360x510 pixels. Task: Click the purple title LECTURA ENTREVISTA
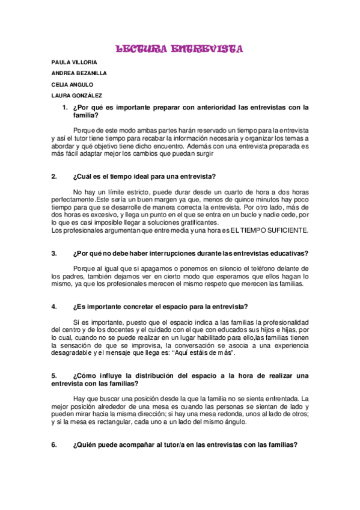tap(178, 49)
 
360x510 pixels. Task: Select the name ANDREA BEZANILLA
tap(79, 73)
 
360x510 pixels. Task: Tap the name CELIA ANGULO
tap(73, 85)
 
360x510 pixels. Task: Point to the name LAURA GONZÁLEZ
tap(77, 96)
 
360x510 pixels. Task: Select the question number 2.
tap(54, 176)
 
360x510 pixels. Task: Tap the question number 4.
tap(54, 307)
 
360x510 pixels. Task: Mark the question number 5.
tap(54, 376)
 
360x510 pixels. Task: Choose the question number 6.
tap(54, 445)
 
